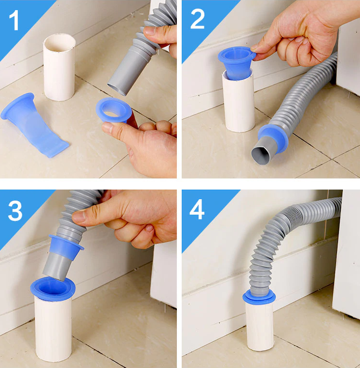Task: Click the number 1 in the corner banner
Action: pyautogui.click(x=14, y=20)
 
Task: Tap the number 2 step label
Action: pyautogui.click(x=197, y=19)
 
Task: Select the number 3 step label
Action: pyautogui.click(x=15, y=210)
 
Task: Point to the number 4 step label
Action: pyautogui.click(x=197, y=209)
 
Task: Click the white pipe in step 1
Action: pyautogui.click(x=59, y=68)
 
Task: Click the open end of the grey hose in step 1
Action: pyautogui.click(x=117, y=90)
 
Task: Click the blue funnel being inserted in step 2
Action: pyautogui.click(x=237, y=63)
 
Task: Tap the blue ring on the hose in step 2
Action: pyautogui.click(x=273, y=138)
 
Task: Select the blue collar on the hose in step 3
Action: pyautogui.click(x=66, y=247)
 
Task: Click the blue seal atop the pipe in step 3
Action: pyautogui.click(x=53, y=288)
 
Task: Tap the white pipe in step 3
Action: pyautogui.click(x=53, y=328)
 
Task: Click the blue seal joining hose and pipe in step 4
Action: pyautogui.click(x=259, y=297)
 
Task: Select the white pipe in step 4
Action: pyautogui.click(x=260, y=326)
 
